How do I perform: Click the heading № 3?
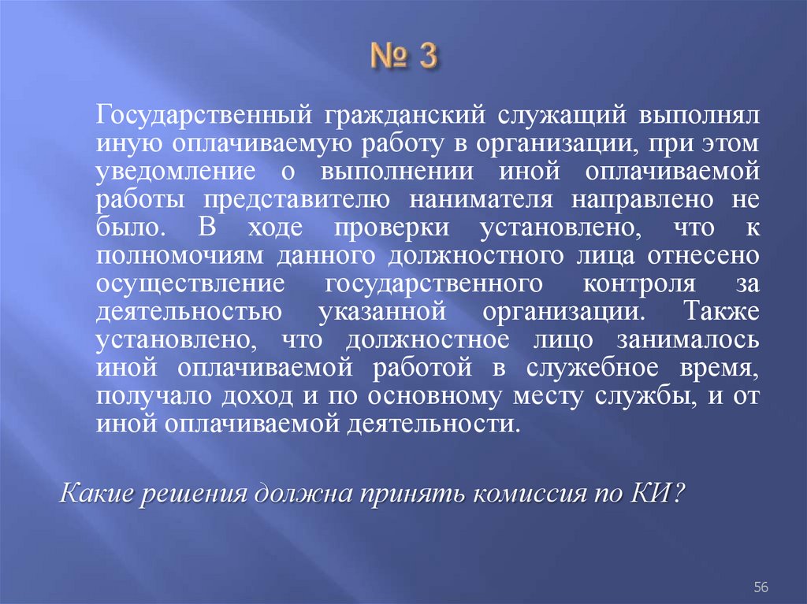pos(403,59)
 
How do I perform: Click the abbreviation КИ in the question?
pos(657,494)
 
